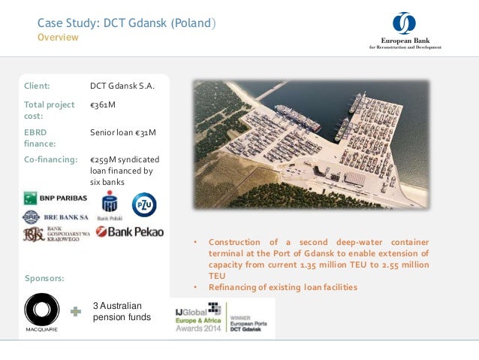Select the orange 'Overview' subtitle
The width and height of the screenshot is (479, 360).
click(x=58, y=38)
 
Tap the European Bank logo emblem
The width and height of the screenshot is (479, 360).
click(x=404, y=23)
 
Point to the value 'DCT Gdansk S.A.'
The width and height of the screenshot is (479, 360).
click(x=122, y=86)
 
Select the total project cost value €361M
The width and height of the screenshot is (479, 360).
click(x=103, y=104)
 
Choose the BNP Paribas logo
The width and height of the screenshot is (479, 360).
click(x=56, y=198)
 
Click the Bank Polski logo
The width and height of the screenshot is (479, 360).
click(x=110, y=204)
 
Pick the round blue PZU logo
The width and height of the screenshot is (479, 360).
click(x=144, y=204)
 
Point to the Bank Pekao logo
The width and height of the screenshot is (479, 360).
click(x=129, y=231)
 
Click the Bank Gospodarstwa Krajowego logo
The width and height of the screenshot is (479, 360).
click(x=56, y=234)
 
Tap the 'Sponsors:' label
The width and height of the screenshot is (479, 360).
click(x=44, y=278)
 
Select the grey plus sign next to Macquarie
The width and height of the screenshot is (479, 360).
click(x=75, y=310)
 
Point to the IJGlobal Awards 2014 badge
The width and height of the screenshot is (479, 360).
click(x=222, y=318)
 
